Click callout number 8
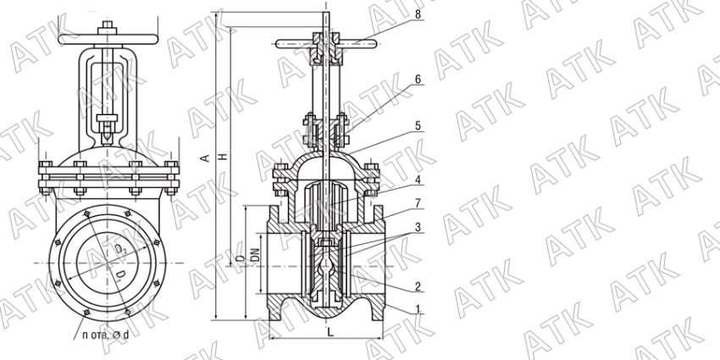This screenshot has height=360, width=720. click(418, 14)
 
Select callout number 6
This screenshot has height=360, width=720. click(418, 79)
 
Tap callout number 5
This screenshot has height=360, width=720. click(418, 125)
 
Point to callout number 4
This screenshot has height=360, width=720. click(418, 180)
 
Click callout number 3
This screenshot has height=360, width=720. click(418, 227)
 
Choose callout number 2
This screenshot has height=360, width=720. click(418, 287)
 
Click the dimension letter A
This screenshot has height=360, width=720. click(206, 158)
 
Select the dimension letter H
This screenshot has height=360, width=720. click(224, 157)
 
